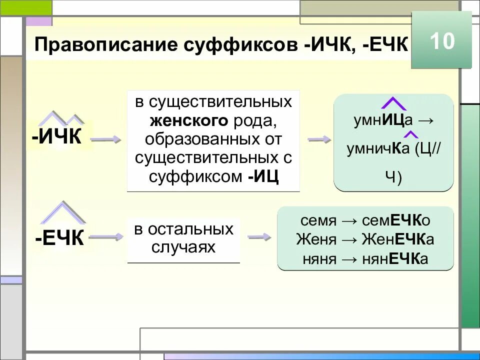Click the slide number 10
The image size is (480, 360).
pyautogui.click(x=442, y=41)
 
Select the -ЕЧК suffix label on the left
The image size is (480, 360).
pyautogui.click(x=59, y=238)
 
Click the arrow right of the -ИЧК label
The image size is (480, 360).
pyautogui.click(x=106, y=140)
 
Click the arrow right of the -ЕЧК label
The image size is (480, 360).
pyautogui.click(x=106, y=236)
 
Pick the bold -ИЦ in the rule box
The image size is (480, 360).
pyautogui.click(x=263, y=176)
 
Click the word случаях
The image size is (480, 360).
pyautogui.click(x=183, y=247)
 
